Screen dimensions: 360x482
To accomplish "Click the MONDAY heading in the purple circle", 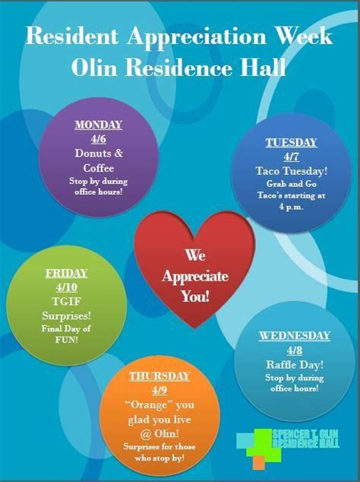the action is coord(99,125).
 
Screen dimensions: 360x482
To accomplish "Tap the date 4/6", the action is coord(99,139).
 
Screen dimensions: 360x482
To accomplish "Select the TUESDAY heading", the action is coord(291,143).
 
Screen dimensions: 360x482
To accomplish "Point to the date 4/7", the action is coord(291,157).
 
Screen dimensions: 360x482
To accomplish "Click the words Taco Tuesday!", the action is coord(292,171).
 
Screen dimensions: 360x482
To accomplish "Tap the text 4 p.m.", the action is coord(291,207).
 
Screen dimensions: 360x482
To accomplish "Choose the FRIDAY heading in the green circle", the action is coord(66,273).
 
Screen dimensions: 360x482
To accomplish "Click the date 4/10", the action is coord(67,287).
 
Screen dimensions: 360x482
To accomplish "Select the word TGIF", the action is coord(66,302).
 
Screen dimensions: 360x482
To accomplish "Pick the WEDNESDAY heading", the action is coord(294,336).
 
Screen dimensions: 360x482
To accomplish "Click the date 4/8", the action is coord(295,350).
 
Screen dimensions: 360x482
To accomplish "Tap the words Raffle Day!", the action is coord(295,365).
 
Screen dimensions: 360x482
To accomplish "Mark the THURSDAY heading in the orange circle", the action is coord(159,376).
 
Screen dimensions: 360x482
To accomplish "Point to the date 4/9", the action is coord(159,391).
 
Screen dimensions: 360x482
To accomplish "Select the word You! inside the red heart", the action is coord(195,296).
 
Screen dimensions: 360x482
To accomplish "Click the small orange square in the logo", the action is coord(259,462).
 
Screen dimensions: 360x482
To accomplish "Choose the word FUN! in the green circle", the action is coord(66,340).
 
